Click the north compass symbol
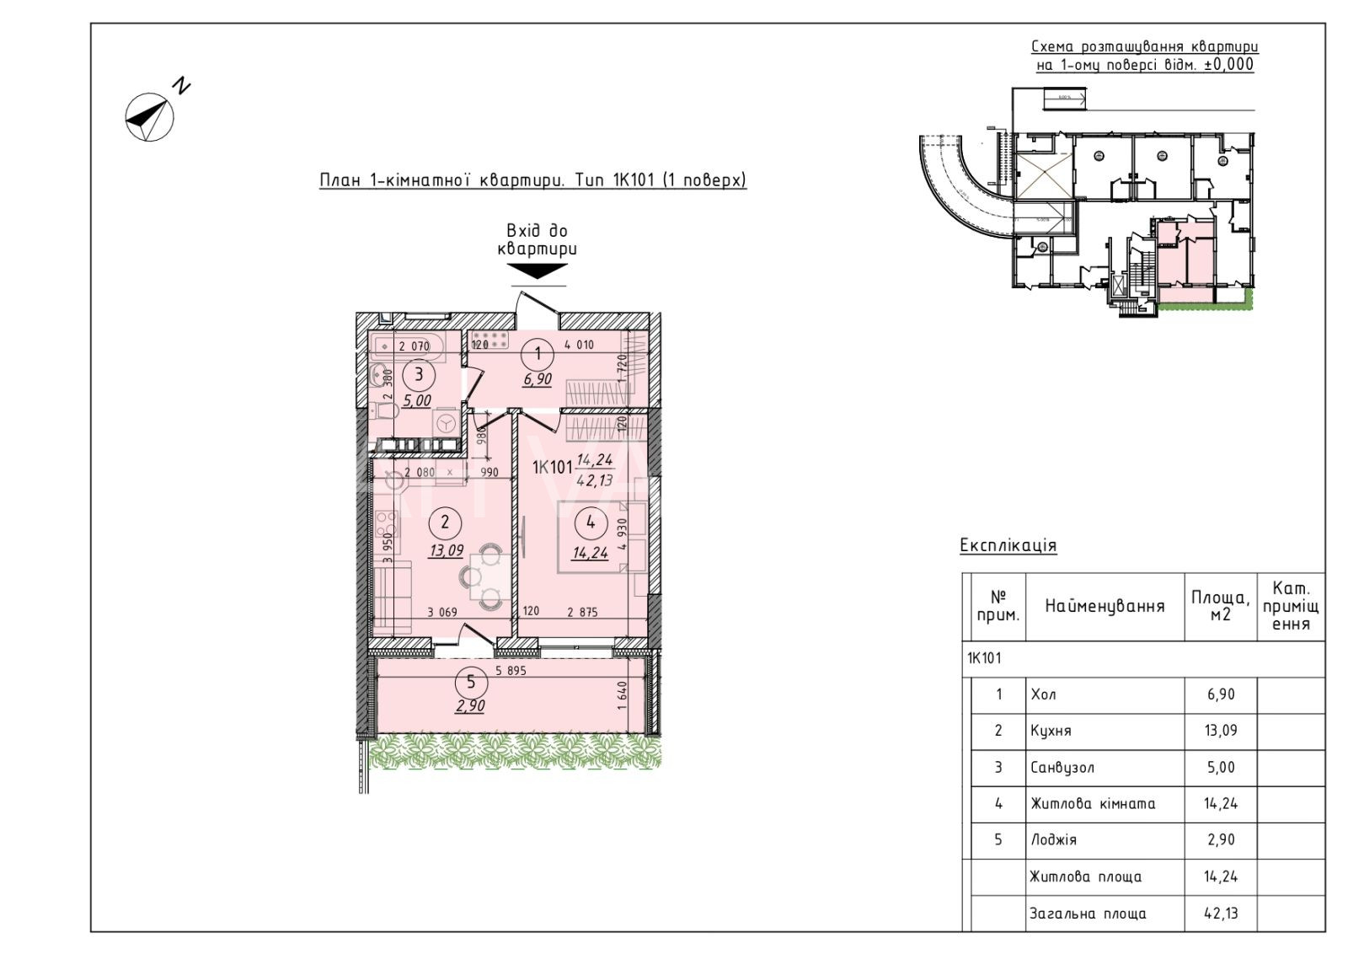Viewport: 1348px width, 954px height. [x=150, y=116]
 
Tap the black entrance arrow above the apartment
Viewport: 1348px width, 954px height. [x=537, y=271]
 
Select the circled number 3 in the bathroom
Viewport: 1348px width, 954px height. [x=418, y=376]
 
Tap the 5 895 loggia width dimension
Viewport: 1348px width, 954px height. [x=511, y=671]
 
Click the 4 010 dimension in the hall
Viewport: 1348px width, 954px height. [x=579, y=344]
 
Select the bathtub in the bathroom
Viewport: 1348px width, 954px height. [x=403, y=345]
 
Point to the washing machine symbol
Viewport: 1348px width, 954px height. [x=446, y=422]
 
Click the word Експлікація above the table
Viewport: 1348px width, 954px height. [x=1008, y=546]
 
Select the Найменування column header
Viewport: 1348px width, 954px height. [x=1105, y=606]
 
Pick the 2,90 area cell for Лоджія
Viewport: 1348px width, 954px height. [x=1221, y=840]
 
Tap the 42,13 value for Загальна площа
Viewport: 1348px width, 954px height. [x=1221, y=914]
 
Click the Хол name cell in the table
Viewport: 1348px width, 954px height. [x=1043, y=695]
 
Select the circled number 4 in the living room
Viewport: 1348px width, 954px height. [x=591, y=523]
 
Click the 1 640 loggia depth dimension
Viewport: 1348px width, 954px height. [x=622, y=697]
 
